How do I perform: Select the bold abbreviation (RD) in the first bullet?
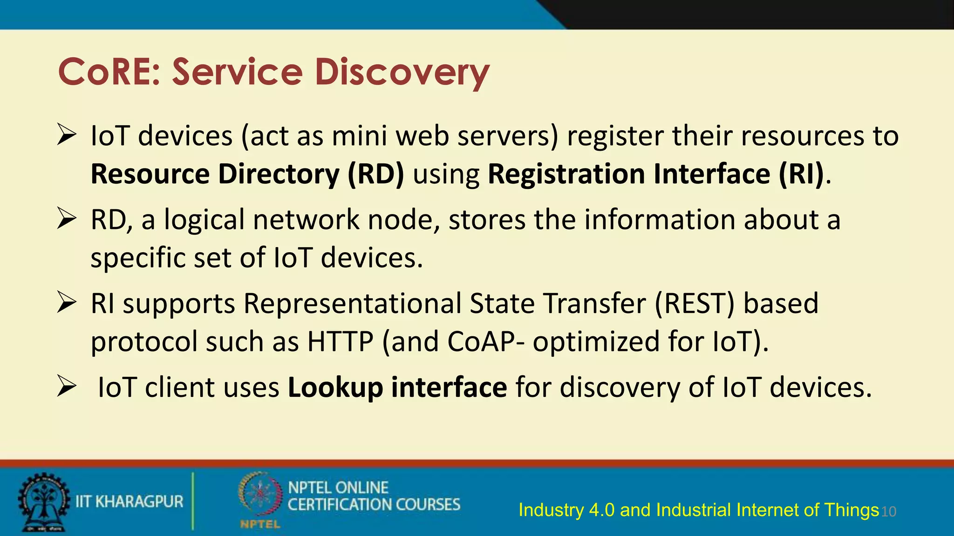pyautogui.click(x=375, y=174)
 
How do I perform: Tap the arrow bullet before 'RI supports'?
pyautogui.click(x=67, y=303)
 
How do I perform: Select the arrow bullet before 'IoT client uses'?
pyautogui.click(x=67, y=387)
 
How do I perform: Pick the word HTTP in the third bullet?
pyautogui.click(x=340, y=342)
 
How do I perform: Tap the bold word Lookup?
pyautogui.click(x=335, y=388)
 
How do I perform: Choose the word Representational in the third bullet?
pyautogui.click(x=352, y=303)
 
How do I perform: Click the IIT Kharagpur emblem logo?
pyautogui.click(x=43, y=502)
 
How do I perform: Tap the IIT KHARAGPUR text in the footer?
pyautogui.click(x=129, y=502)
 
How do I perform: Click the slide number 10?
pyautogui.click(x=889, y=512)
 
